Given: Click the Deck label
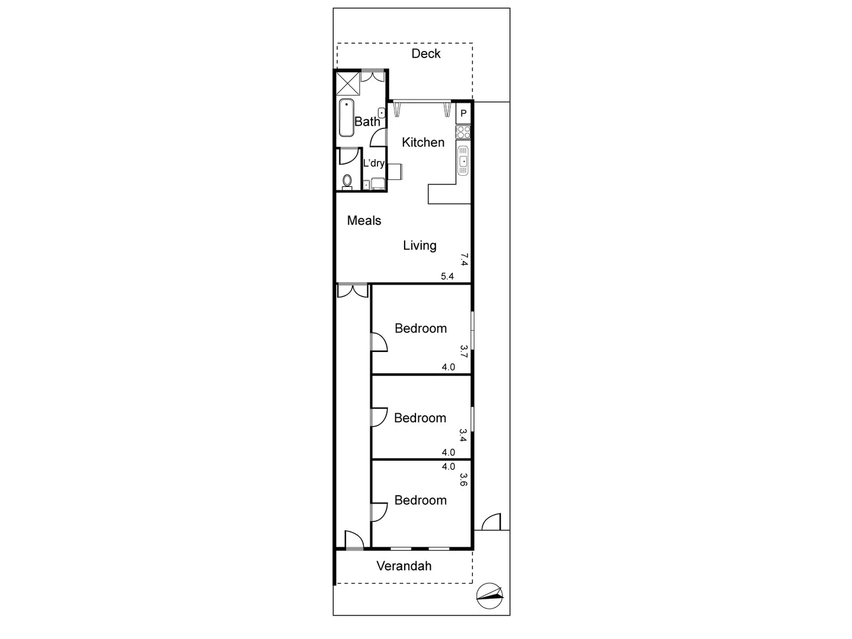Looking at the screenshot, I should [426, 54].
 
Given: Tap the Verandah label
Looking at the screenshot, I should [404, 566].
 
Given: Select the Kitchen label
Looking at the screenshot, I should [423, 143].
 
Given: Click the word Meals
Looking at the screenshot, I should [364, 221].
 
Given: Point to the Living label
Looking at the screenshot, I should [419, 246].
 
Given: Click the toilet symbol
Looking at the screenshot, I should [347, 180].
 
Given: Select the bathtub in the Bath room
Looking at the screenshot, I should [347, 118].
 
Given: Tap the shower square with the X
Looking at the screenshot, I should [347, 82].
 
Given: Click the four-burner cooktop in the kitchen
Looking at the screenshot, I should [463, 132].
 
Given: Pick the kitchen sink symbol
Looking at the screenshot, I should [463, 160].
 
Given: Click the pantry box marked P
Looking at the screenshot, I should [463, 113].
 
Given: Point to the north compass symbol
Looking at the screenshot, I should [490, 595].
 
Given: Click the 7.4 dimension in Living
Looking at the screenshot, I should [464, 259].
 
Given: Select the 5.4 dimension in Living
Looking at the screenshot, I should [447, 276].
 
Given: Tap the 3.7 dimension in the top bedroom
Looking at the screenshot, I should [464, 351].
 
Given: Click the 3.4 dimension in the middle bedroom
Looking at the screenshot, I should [463, 435].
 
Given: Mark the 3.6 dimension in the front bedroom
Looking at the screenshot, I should [463, 479].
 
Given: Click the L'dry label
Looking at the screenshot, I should [373, 163].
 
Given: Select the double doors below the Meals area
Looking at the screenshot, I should [353, 291].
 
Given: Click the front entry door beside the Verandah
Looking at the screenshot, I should [354, 540].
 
